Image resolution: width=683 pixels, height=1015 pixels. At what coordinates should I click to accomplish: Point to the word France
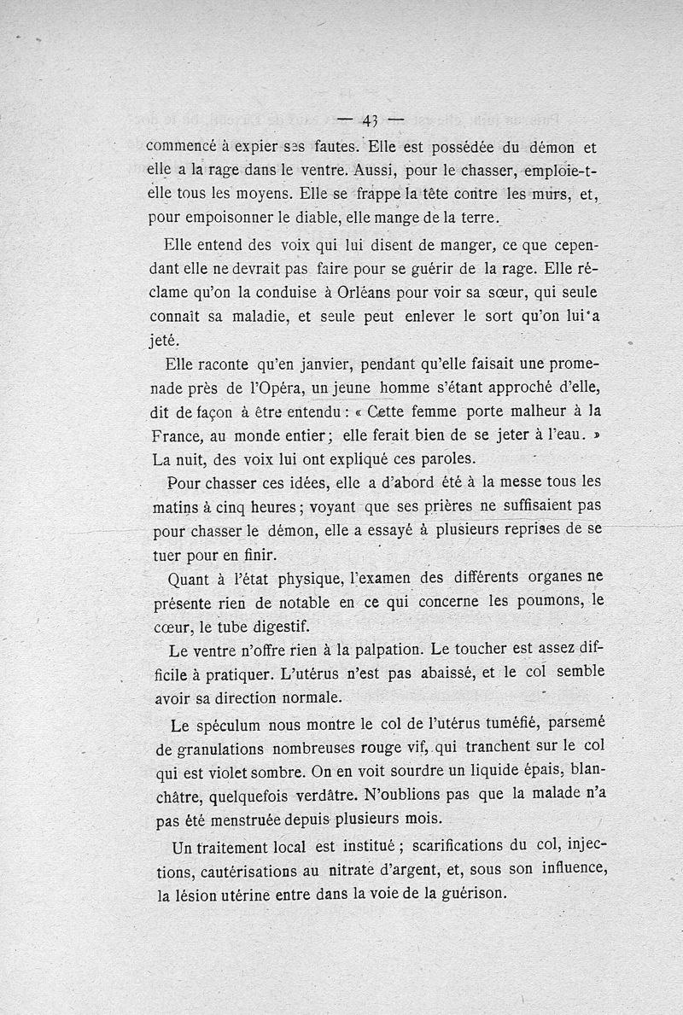tap(174, 435)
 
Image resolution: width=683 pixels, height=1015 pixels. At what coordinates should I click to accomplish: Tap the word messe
tap(517, 482)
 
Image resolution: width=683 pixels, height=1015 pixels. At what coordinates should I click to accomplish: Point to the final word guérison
tap(473, 895)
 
